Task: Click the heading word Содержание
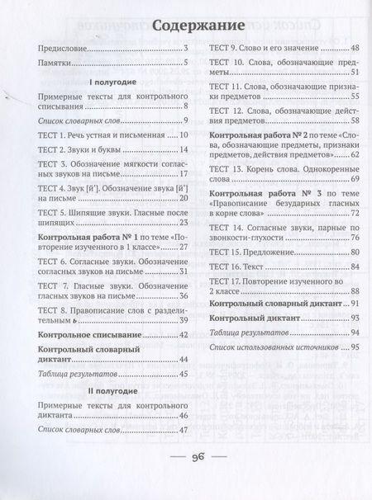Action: coord(185,21)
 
